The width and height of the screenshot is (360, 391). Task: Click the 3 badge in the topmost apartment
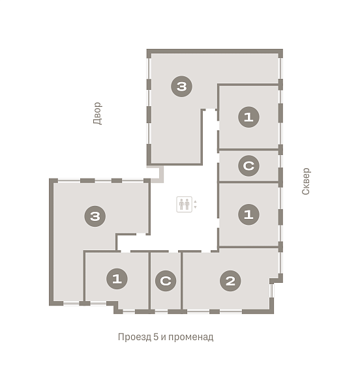[x=181, y=87]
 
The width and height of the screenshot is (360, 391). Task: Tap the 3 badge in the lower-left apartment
[x=95, y=216]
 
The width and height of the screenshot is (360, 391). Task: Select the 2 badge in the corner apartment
[x=230, y=281]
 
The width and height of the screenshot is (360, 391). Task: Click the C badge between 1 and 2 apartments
[x=166, y=281]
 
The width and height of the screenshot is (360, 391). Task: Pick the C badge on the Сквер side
[x=248, y=166]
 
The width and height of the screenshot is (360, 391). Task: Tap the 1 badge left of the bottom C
[x=117, y=278]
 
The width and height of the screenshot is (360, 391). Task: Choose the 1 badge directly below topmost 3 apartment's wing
[x=248, y=117]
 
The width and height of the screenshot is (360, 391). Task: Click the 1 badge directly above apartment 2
[x=248, y=214]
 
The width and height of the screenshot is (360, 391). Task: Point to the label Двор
[x=98, y=113]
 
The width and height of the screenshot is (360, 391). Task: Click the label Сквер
[x=306, y=181]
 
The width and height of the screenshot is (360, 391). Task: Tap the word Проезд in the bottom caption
[x=134, y=337]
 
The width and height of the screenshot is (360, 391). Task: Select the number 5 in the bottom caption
[x=156, y=337]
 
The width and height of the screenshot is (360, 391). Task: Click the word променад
[x=191, y=337]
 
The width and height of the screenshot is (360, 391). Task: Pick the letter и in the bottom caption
[x=164, y=338]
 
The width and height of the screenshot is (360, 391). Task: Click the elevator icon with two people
[x=185, y=204]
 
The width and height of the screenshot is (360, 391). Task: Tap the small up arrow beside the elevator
[x=196, y=201]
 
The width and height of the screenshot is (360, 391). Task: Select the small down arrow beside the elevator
[x=196, y=207]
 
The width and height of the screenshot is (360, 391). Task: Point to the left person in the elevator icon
[x=181, y=204]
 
